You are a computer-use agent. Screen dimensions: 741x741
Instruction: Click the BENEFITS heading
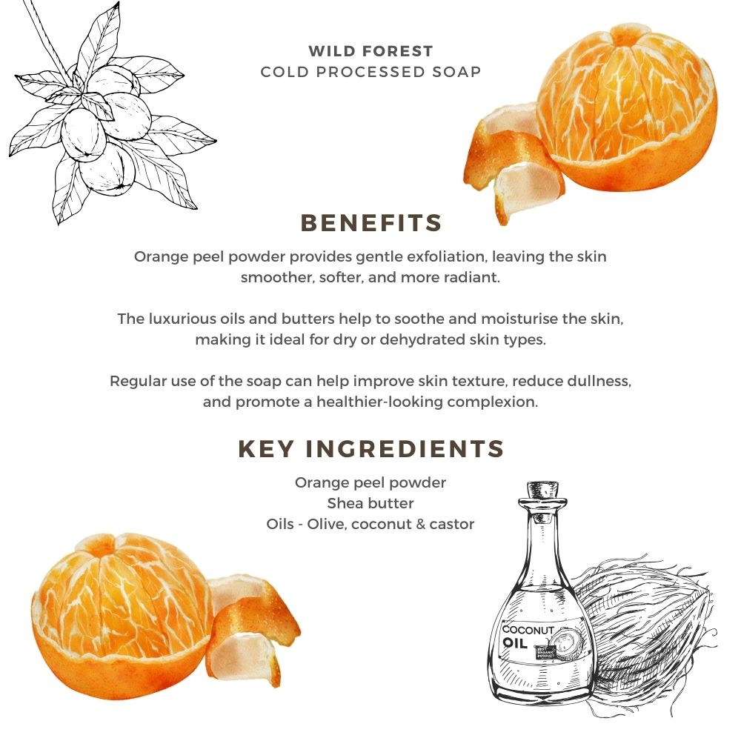(x=370, y=223)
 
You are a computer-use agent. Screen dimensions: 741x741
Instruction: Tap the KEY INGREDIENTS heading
(x=370, y=449)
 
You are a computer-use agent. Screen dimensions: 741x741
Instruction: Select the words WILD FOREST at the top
(x=370, y=51)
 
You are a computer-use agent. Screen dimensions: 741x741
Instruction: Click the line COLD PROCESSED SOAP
(x=370, y=72)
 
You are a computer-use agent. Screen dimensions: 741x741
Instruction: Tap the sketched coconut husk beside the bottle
(x=645, y=630)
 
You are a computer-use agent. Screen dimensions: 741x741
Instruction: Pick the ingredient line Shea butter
(x=370, y=503)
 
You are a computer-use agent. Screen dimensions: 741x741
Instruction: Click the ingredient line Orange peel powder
(x=370, y=482)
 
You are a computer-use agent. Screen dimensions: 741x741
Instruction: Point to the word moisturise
(x=510, y=319)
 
